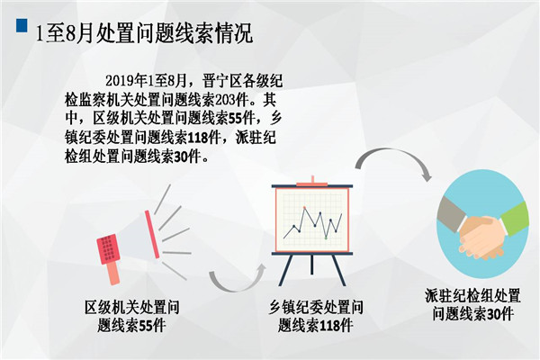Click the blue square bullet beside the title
click(x=22, y=25)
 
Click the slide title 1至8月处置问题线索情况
click(x=145, y=33)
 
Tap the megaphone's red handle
click(x=112, y=273)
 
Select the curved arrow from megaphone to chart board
click(x=238, y=278)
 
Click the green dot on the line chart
click(x=326, y=238)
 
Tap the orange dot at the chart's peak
click(x=304, y=207)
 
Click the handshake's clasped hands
click(x=482, y=238)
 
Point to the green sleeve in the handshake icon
click(x=515, y=219)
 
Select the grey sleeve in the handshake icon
click(x=452, y=214)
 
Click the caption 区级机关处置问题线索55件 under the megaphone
click(x=132, y=316)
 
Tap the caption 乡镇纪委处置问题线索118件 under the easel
click(x=316, y=316)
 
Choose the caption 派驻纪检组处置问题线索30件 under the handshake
click(x=472, y=305)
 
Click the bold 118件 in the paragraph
click(x=203, y=138)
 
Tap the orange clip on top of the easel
click(x=312, y=182)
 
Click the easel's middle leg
click(x=312, y=265)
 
